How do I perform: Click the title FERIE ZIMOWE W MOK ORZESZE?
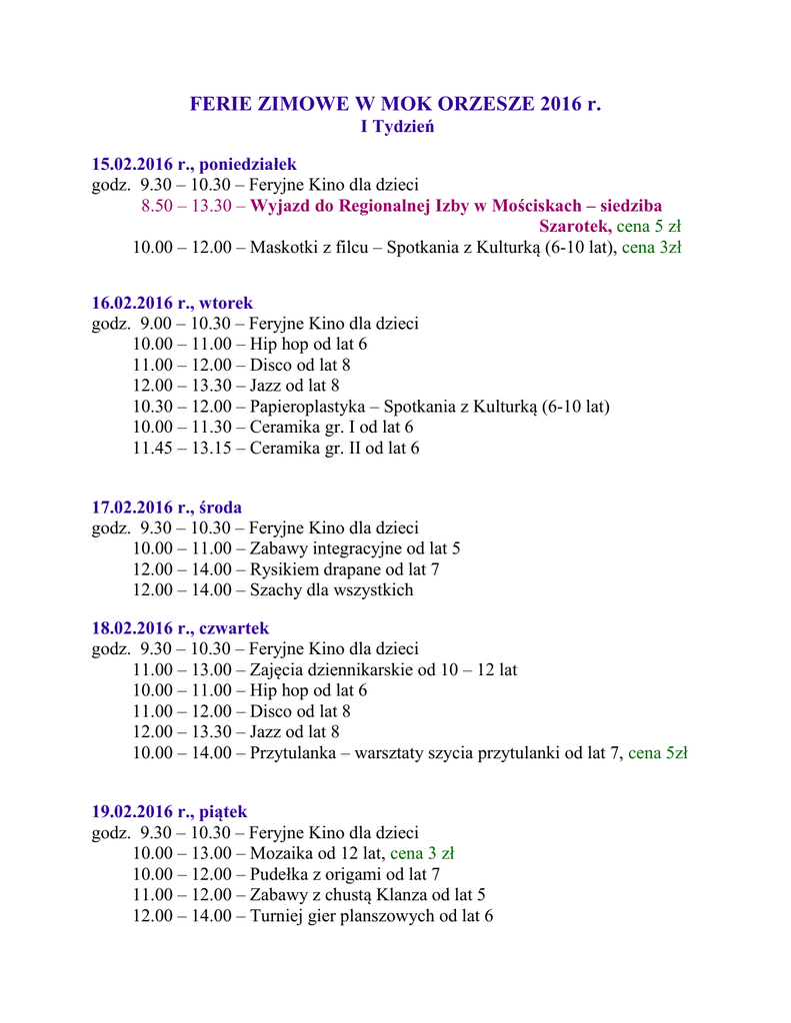coord(395,105)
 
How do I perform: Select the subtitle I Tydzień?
coord(396,128)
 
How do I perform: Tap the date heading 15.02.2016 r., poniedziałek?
coord(194,164)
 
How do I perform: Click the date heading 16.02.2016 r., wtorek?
coord(172,303)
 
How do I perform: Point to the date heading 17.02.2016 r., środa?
coord(167,508)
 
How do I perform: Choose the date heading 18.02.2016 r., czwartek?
coord(180,628)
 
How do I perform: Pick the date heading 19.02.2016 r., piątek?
coord(169,811)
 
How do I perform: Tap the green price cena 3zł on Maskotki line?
coord(652,248)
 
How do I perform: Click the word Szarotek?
coord(574,227)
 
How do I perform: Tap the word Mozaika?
coord(280,853)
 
